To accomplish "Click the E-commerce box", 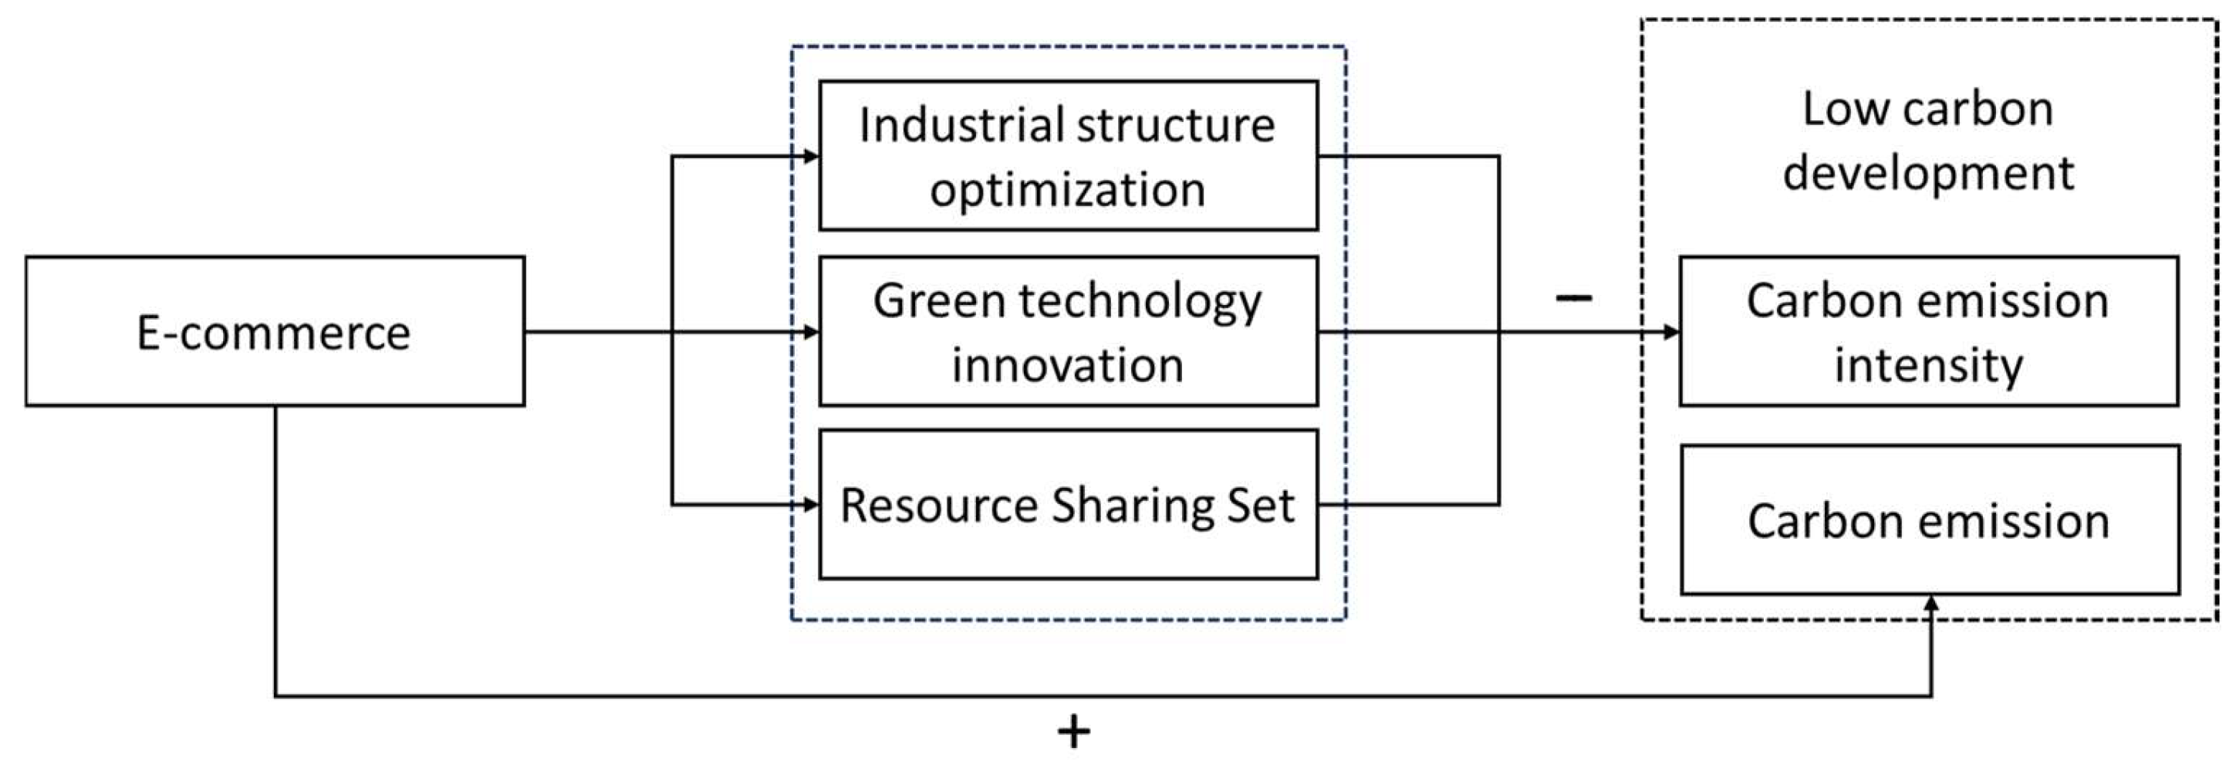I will pyautogui.click(x=275, y=331).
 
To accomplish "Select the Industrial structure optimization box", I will pyautogui.click(x=1069, y=155).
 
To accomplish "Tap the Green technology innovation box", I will pyautogui.click(x=1069, y=331).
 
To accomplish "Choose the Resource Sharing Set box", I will pyautogui.click(x=1069, y=505).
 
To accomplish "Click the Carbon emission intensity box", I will pyautogui.click(x=1929, y=331).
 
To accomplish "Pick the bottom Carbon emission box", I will pyautogui.click(x=1930, y=520).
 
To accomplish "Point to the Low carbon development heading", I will pyautogui.click(x=1928, y=140).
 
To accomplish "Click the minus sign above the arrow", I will pyautogui.click(x=1572, y=298).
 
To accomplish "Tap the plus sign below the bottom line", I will pyautogui.click(x=1074, y=731).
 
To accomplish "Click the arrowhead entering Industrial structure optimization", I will pyautogui.click(x=812, y=156).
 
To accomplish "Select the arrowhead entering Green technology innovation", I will pyautogui.click(x=812, y=332).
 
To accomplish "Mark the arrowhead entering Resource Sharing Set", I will pyautogui.click(x=812, y=505).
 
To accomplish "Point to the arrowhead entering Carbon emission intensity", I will pyautogui.click(x=1671, y=332).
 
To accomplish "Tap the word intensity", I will pyautogui.click(x=1929, y=364).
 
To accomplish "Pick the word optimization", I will pyautogui.click(x=1068, y=189).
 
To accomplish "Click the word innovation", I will pyautogui.click(x=1068, y=364).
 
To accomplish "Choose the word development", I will pyautogui.click(x=1928, y=173).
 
